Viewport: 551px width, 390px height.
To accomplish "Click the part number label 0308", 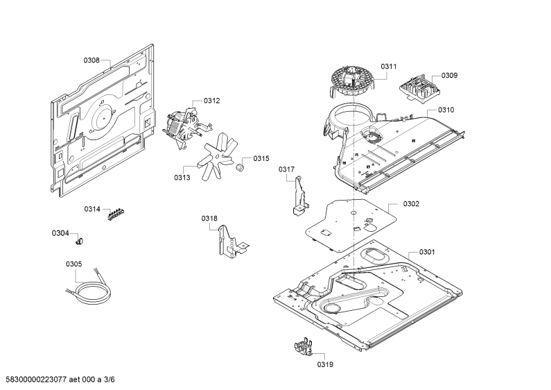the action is coord(91,60).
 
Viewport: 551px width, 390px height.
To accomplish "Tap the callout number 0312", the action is coord(211,101).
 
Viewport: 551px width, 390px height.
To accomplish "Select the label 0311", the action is coord(389,67).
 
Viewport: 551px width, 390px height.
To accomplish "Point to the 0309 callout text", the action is coord(449,76).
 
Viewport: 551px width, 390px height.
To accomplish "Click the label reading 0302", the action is coord(411,204).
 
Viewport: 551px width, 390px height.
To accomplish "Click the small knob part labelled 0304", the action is coord(80,241).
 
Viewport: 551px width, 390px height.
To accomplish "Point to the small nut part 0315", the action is coord(240,167).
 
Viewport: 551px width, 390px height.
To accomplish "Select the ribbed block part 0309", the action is coord(419,89).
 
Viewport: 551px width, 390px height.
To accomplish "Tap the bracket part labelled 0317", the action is coord(300,196).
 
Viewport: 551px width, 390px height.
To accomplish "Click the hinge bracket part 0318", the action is coord(232,241).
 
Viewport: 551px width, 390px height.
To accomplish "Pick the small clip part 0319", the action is coord(304,347).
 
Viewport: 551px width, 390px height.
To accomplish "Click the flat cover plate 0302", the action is coord(351,226).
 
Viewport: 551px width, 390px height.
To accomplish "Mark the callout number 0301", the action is coord(427,252).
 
